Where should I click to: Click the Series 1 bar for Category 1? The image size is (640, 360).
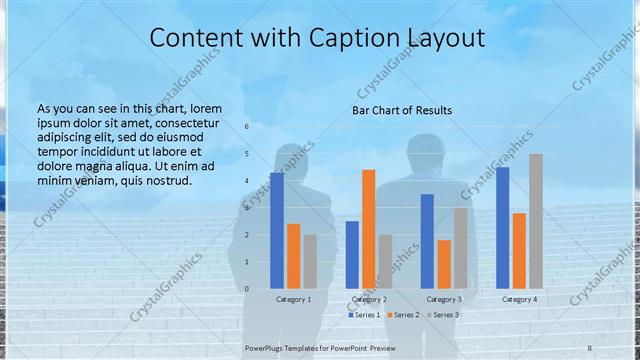click(x=276, y=231)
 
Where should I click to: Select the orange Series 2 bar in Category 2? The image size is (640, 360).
click(x=368, y=229)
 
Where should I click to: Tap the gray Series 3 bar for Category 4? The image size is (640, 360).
click(x=536, y=221)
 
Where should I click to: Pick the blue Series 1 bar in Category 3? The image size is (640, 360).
click(x=427, y=241)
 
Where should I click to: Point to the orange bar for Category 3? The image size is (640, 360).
click(x=444, y=264)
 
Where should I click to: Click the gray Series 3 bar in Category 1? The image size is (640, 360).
click(x=310, y=262)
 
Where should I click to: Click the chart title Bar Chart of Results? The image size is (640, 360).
click(x=402, y=110)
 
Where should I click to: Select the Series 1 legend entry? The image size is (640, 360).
click(x=364, y=315)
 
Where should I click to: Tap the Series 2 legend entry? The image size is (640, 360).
click(x=403, y=315)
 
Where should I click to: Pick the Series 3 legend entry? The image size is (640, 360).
click(x=442, y=315)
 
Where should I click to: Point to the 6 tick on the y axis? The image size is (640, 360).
click(x=247, y=127)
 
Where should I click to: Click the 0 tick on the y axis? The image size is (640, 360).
click(x=247, y=289)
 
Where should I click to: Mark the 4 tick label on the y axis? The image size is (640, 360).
click(x=247, y=181)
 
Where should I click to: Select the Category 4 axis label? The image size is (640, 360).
click(x=519, y=299)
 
